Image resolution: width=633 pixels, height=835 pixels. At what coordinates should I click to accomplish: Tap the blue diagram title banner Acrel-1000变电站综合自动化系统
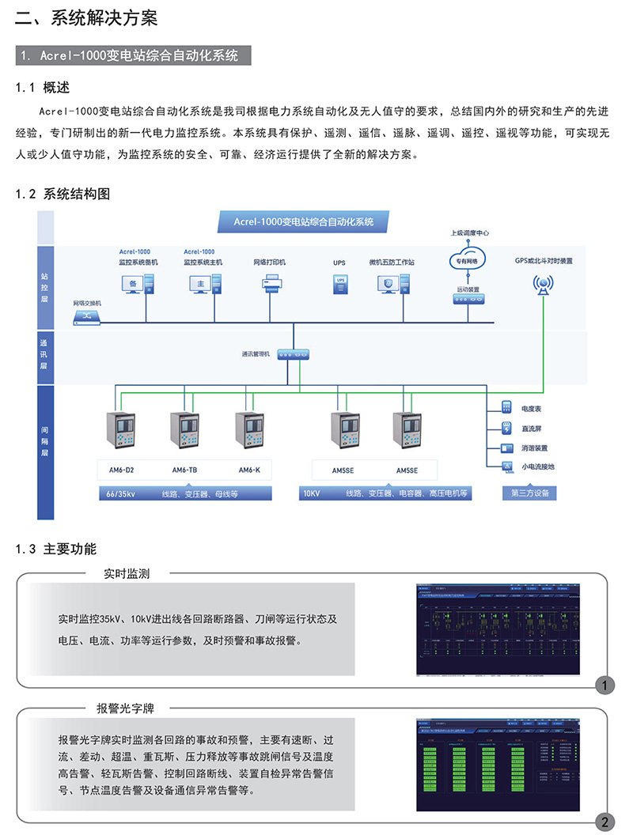coord(303,221)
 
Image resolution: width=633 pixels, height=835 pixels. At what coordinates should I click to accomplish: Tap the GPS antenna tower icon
coord(544,285)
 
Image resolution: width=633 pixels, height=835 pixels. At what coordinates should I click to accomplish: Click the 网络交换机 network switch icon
coord(88,316)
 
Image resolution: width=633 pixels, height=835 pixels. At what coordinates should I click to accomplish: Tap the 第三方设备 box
coord(529,493)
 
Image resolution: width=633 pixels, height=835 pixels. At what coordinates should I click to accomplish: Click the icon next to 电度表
coord(506,409)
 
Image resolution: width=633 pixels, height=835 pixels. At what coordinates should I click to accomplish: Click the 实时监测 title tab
coord(127,573)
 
